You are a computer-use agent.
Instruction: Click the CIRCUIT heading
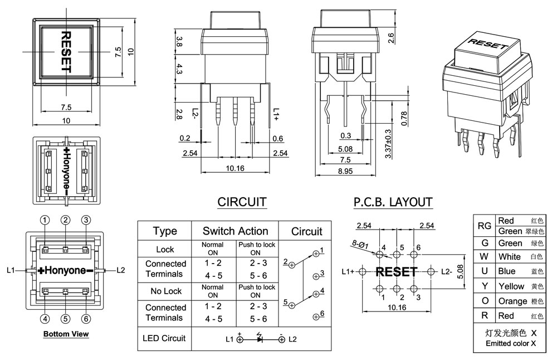(x=242, y=202)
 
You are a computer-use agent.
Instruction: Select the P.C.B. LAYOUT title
(x=393, y=202)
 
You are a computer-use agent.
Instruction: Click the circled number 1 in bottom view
(x=46, y=220)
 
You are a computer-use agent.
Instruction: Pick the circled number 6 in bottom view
(x=86, y=319)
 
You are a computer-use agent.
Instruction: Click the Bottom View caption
(x=66, y=334)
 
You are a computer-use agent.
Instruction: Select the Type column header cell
(x=165, y=231)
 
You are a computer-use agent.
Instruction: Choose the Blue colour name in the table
(x=507, y=271)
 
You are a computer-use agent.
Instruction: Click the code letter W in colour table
(x=484, y=257)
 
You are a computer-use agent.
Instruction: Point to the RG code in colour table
(x=484, y=226)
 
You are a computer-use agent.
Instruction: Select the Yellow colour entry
(x=511, y=286)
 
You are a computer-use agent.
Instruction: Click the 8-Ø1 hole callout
(x=358, y=243)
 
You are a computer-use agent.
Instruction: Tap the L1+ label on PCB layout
(x=348, y=272)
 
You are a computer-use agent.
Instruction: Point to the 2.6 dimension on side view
(x=390, y=37)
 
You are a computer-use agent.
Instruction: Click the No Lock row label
(x=165, y=291)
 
